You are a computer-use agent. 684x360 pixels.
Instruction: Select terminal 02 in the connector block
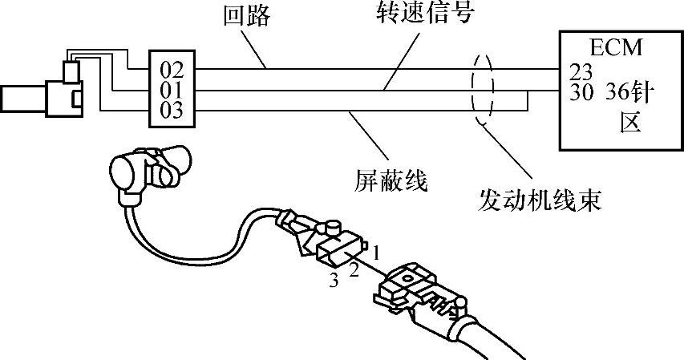172,69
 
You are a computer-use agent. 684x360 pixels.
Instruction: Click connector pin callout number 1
376,253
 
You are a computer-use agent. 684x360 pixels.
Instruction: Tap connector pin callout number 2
353,270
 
